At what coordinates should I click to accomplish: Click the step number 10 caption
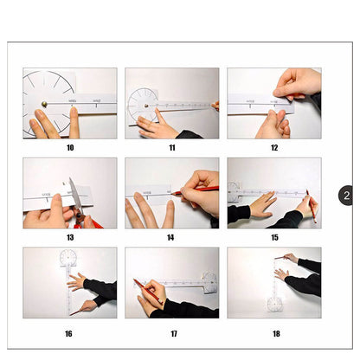tap(69, 147)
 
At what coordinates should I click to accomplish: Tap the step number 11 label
tap(171, 147)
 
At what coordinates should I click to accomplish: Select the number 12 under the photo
tap(273, 147)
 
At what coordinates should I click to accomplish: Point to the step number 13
tap(69, 237)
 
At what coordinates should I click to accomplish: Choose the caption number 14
tap(171, 237)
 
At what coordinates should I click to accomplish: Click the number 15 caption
tap(273, 237)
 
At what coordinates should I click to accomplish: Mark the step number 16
tap(69, 333)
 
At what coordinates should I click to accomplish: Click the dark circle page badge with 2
tap(345, 196)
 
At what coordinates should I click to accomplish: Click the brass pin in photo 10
tap(44, 104)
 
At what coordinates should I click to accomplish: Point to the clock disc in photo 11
tap(143, 105)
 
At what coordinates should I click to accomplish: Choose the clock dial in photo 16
tap(68, 258)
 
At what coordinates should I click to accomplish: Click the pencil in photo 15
tap(309, 206)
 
